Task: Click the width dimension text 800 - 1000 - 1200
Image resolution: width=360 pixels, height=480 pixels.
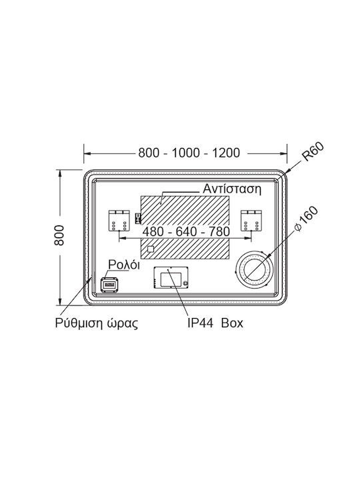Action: [x=189, y=153]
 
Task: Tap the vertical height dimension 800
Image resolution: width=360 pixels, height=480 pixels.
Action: [x=59, y=235]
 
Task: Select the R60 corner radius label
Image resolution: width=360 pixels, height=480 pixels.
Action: [x=313, y=152]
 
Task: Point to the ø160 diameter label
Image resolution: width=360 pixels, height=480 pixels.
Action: [x=306, y=219]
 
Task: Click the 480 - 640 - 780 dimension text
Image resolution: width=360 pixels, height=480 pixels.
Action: [x=186, y=232]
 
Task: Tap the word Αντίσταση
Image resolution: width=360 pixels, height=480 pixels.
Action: [x=232, y=189]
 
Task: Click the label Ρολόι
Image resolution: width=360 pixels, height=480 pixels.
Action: [x=124, y=265]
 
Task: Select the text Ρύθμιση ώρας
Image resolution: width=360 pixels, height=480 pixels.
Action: [x=97, y=323]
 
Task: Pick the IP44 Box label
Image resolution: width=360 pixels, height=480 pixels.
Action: [x=215, y=323]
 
